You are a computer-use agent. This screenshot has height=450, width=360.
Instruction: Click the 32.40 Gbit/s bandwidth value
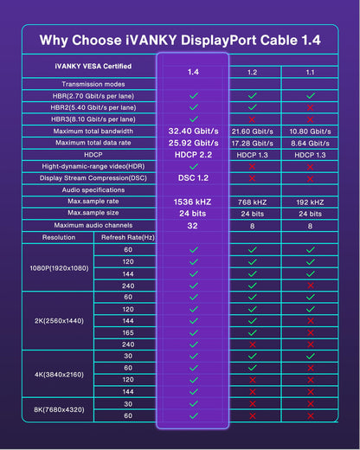coord(193,130)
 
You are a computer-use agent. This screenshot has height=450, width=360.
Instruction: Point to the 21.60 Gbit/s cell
coord(253,131)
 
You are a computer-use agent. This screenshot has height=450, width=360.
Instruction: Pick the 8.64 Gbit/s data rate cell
coord(311,142)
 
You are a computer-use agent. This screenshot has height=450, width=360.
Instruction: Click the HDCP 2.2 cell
coord(193,153)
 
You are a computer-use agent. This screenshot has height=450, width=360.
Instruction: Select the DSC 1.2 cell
coord(193,177)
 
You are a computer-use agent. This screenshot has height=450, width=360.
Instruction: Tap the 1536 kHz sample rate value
coord(193,200)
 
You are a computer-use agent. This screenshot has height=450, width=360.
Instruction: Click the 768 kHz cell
coord(253,201)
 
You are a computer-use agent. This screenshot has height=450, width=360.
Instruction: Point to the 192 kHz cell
coord(311,201)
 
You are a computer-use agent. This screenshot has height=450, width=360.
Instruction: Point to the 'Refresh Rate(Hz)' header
coord(128,236)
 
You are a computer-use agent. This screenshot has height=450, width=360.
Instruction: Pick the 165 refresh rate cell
coord(128,331)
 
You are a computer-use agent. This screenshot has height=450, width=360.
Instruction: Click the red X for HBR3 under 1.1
coord(311,119)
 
